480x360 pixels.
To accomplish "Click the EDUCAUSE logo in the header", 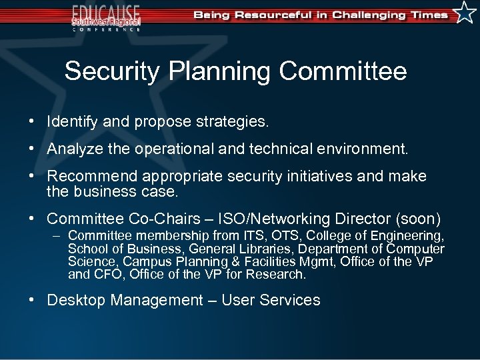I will (107, 16).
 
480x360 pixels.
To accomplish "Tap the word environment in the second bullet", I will (363, 149).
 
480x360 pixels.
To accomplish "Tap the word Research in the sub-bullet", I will (281, 274).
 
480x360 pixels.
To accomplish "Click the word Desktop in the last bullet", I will (76, 300).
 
